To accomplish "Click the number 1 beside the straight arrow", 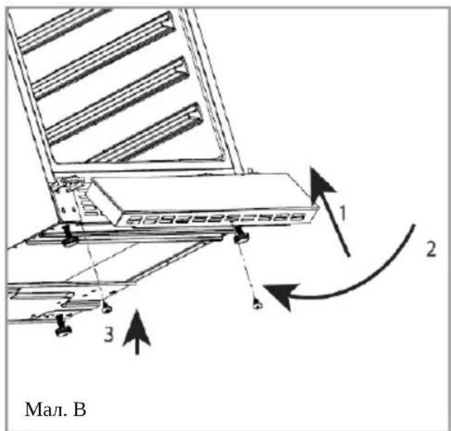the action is (x=343, y=213).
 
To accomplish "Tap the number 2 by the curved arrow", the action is (x=431, y=249).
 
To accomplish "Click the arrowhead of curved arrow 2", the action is (x=280, y=295).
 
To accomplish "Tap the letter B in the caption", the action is (x=80, y=409).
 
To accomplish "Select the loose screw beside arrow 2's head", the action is (x=257, y=303).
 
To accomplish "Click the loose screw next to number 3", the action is (x=107, y=308).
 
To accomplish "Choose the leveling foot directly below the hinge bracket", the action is (x=69, y=238).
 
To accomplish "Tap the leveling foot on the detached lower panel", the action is (x=63, y=326).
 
